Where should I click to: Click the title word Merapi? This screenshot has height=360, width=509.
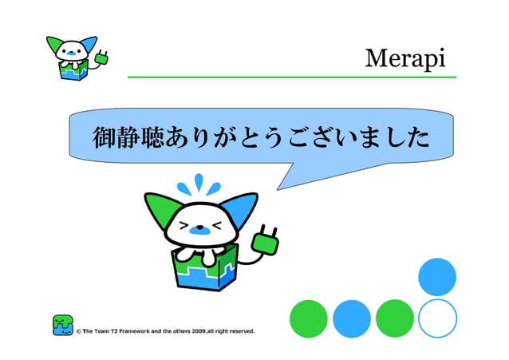click(404, 59)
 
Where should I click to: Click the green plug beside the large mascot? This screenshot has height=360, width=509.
click(265, 240)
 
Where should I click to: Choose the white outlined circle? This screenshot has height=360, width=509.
click(437, 318)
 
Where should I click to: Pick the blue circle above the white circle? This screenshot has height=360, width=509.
click(437, 276)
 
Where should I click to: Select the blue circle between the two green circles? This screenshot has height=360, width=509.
click(352, 318)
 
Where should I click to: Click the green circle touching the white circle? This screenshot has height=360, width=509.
click(394, 318)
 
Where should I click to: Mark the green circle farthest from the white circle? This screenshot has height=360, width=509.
click(309, 318)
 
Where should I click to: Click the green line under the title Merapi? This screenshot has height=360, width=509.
click(292, 77)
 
